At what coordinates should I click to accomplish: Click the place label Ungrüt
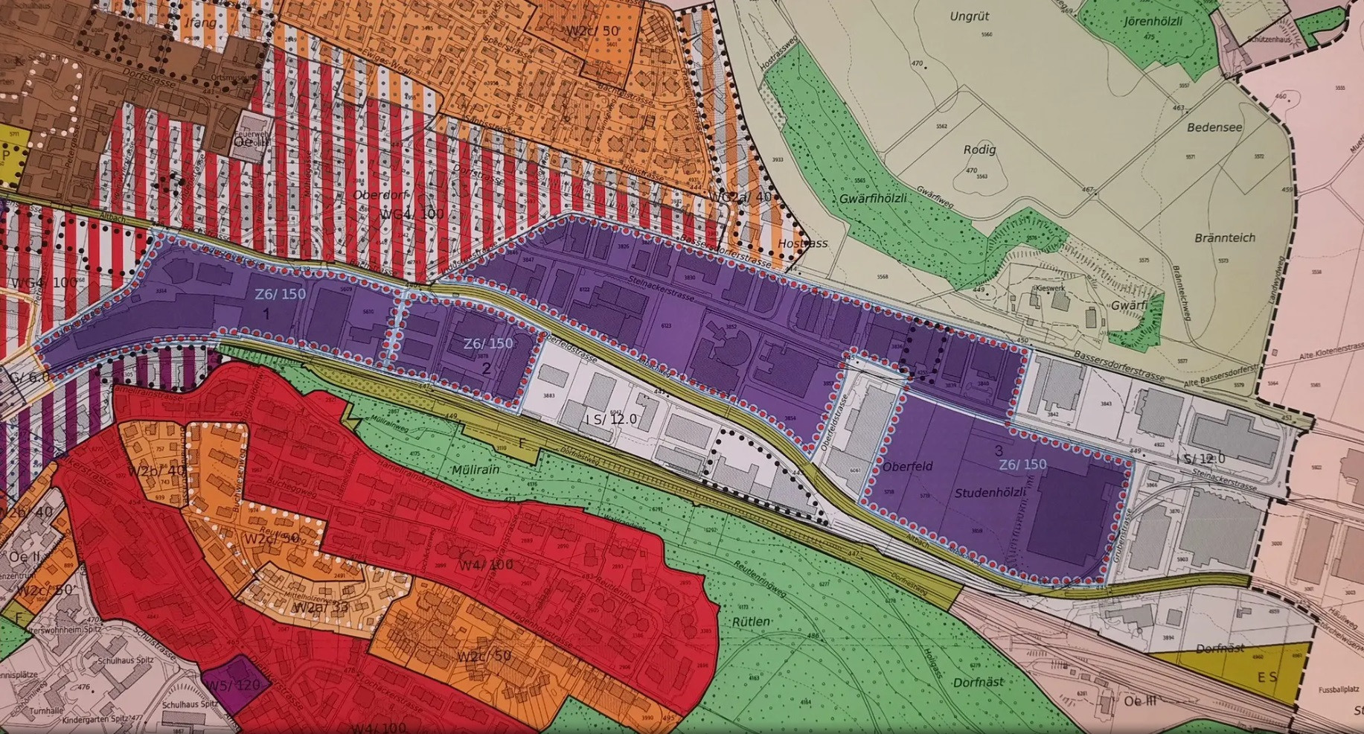pyautogui.click(x=970, y=16)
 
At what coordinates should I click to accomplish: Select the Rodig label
pyautogui.click(x=979, y=149)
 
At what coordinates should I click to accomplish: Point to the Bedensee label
pyautogui.click(x=1214, y=127)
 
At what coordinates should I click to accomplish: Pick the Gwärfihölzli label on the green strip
pyautogui.click(x=873, y=199)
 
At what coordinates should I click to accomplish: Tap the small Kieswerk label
pyautogui.click(x=1050, y=288)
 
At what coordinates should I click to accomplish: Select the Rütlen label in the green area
pyautogui.click(x=750, y=622)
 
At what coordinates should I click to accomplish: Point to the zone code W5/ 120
pyautogui.click(x=233, y=685)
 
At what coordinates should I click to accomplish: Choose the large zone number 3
pyautogui.click(x=998, y=450)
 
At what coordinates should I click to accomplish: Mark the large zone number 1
pyautogui.click(x=266, y=314)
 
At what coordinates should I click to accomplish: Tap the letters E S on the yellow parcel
pyautogui.click(x=1267, y=677)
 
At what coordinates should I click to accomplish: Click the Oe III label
pyautogui.click(x=1139, y=701)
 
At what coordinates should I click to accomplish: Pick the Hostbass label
pyautogui.click(x=802, y=243)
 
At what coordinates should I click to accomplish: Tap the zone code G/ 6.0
pyautogui.click(x=28, y=377)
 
